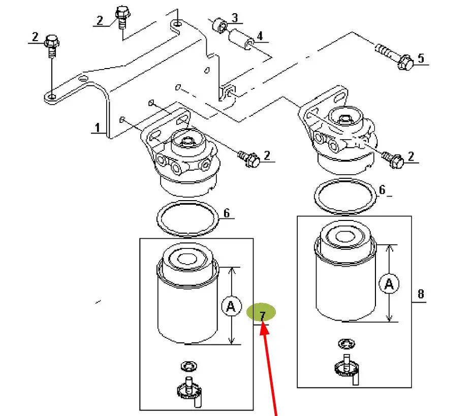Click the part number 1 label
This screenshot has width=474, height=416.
pyautogui.click(x=97, y=127)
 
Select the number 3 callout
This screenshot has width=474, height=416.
pyautogui.click(x=234, y=18)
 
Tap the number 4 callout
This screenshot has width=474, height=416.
pyautogui.click(x=259, y=36)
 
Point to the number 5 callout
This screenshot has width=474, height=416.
pyautogui.click(x=421, y=58)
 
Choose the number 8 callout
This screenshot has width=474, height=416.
pyautogui.click(x=421, y=294)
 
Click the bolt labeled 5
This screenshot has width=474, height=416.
pyautogui.click(x=396, y=57)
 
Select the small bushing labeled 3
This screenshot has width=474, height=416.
pyautogui.click(x=220, y=24)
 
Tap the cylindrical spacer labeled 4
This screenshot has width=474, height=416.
pyautogui.click(x=242, y=40)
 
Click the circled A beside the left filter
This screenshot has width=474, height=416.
pyautogui.click(x=231, y=306)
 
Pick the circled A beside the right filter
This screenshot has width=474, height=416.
pyautogui.click(x=389, y=284)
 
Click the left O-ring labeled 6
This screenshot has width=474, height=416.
pyautogui.click(x=187, y=218)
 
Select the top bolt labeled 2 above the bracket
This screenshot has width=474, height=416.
pyautogui.click(x=122, y=16)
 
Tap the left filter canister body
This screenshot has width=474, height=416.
pyautogui.click(x=188, y=305)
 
